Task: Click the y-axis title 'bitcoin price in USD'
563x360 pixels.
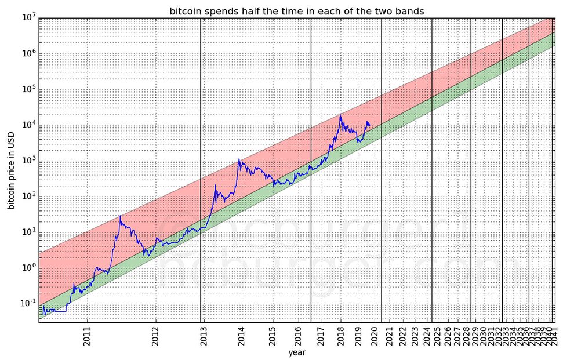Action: point(11,171)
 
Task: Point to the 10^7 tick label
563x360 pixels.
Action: point(29,18)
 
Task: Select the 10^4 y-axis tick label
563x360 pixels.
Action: point(29,125)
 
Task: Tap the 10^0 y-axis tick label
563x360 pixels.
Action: point(29,268)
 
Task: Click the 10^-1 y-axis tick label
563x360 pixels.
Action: point(28,303)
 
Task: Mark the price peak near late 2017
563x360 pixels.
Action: point(340,115)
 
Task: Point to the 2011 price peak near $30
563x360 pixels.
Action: point(121,216)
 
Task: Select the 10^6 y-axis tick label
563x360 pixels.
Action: point(29,54)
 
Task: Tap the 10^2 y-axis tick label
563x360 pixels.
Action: point(29,197)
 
